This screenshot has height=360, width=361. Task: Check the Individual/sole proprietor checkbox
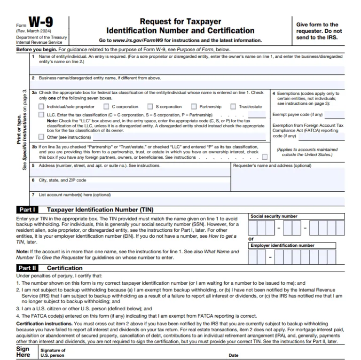tap(42, 107)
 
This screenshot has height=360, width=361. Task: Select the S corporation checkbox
tap(150, 107)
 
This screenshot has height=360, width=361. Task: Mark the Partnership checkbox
tap(194, 107)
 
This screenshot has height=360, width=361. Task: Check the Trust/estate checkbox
tap(233, 107)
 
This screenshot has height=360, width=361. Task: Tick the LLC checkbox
tap(42, 115)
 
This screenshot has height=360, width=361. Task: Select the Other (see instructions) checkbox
tap(42, 137)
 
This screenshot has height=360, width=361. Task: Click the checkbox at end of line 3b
tap(265, 157)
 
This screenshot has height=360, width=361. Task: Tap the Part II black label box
tap(28, 268)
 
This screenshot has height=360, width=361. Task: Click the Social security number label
tap(274, 216)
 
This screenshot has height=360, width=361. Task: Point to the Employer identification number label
tap(282, 245)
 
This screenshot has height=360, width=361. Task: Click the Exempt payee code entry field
tap(334, 115)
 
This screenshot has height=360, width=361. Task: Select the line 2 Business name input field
tap(188, 85)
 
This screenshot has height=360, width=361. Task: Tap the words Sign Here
tap(23, 352)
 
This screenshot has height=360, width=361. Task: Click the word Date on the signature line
tap(234, 355)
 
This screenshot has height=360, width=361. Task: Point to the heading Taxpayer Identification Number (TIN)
tap(100, 210)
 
